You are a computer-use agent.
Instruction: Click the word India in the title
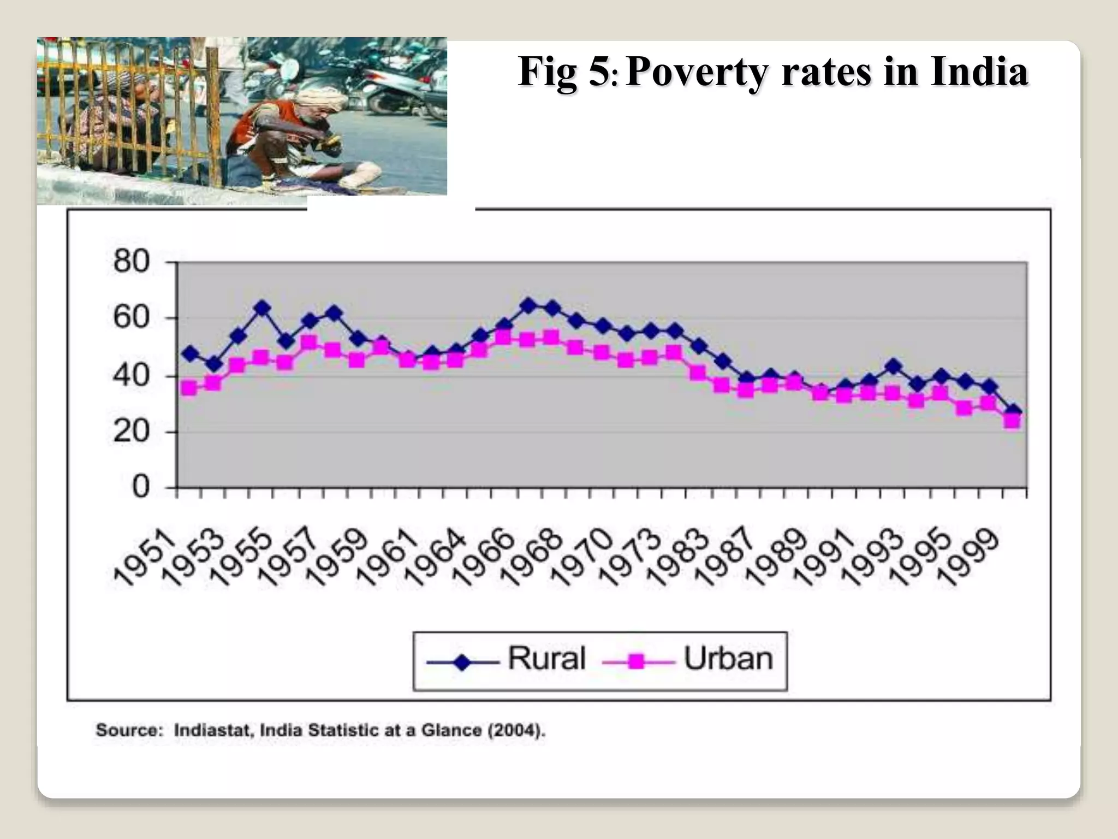(x=979, y=72)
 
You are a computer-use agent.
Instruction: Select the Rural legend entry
(x=546, y=658)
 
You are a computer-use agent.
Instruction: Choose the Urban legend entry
(x=728, y=659)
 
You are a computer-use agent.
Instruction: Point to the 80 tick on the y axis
(x=131, y=261)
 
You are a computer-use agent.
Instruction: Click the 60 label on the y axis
(x=131, y=317)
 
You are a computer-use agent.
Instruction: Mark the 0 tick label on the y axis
(x=140, y=486)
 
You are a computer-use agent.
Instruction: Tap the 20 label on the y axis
(x=131, y=432)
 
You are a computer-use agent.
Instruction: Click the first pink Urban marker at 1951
(x=189, y=388)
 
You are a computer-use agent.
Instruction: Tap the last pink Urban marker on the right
(x=1012, y=421)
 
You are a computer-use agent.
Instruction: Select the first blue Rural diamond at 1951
(x=191, y=353)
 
